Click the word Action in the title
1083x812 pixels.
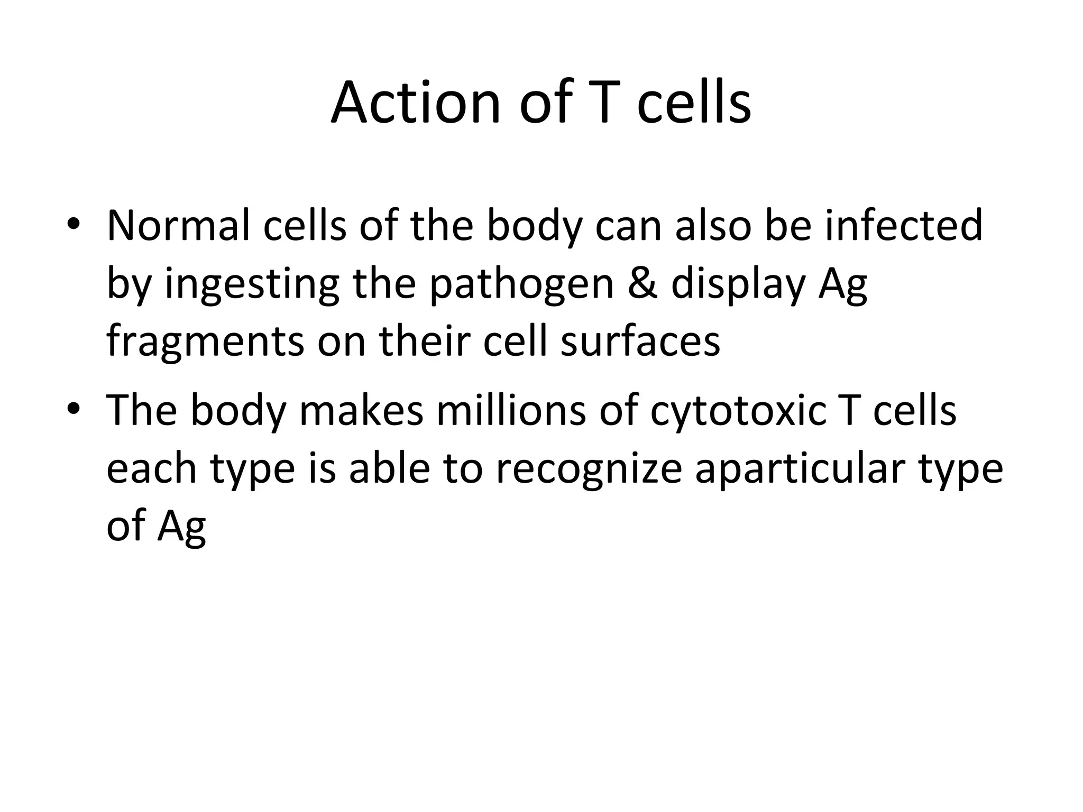[416, 103]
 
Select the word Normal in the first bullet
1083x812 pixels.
[178, 226]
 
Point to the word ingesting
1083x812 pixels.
[252, 285]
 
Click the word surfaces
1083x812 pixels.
[640, 342]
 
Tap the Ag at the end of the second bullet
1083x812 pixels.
[181, 528]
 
